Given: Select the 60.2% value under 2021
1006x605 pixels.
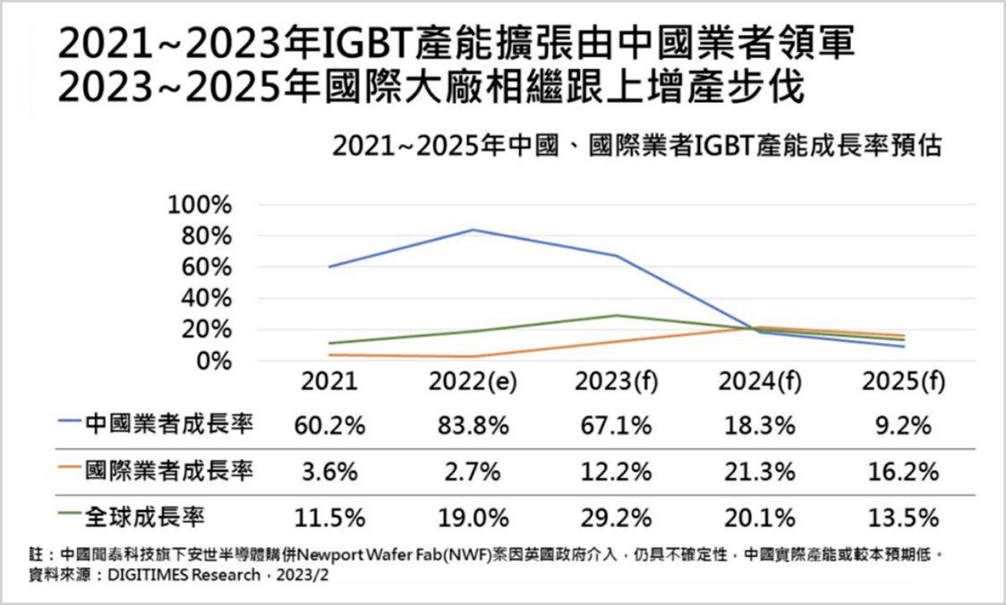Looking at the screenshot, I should tap(329, 425).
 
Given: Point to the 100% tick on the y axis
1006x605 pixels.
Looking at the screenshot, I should tap(200, 205).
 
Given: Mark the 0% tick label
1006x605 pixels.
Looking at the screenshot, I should tap(213, 361).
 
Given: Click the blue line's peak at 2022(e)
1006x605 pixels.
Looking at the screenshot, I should tap(473, 230).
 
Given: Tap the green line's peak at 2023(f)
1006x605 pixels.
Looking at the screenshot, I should tap(616, 315).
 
